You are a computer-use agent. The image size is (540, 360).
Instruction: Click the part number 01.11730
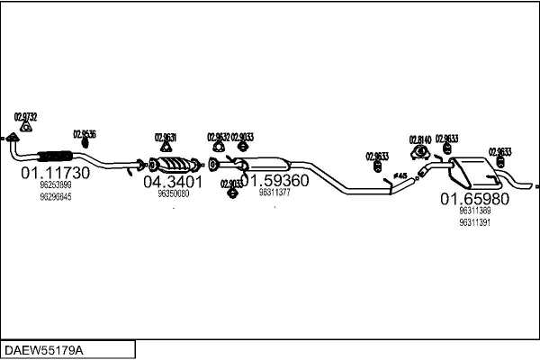pyautogui.click(x=56, y=171)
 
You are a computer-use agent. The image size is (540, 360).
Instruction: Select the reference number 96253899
pyautogui.click(x=55, y=184)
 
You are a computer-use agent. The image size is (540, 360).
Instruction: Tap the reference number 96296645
pyautogui.click(x=55, y=195)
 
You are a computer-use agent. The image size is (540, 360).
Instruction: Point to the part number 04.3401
pyautogui.click(x=173, y=181)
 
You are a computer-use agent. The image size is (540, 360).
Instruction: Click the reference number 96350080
pyautogui.click(x=173, y=193)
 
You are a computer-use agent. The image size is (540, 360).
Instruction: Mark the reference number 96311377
pyautogui.click(x=274, y=193)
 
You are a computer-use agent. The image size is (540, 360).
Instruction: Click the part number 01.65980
pyautogui.click(x=474, y=198)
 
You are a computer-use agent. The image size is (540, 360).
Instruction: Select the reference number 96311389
pyautogui.click(x=474, y=211)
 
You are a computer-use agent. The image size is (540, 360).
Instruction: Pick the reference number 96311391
pyautogui.click(x=474, y=222)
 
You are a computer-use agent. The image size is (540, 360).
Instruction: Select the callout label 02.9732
pyautogui.click(x=26, y=117)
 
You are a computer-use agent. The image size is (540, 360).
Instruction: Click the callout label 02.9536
pyautogui.click(x=85, y=134)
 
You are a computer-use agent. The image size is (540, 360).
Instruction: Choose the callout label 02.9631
pyautogui.click(x=166, y=137)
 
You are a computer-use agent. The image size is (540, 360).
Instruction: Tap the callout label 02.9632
pyautogui.click(x=219, y=137)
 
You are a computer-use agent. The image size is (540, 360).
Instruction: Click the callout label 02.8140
pyautogui.click(x=420, y=139)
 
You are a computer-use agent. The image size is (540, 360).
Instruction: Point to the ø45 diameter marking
pyautogui.click(x=400, y=175)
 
